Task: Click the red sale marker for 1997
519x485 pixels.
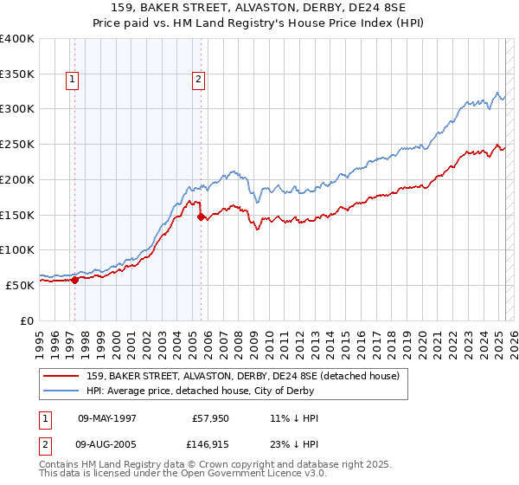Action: pyautogui.click(x=74, y=280)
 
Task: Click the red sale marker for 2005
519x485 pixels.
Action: pyautogui.click(x=201, y=217)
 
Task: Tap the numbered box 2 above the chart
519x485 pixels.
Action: pyautogui.click(x=198, y=81)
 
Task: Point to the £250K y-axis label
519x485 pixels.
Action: pyautogui.click(x=17, y=144)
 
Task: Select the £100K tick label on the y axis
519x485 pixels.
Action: pyautogui.click(x=17, y=249)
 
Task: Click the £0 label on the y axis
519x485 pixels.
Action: pyautogui.click(x=26, y=320)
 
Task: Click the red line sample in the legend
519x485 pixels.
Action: pyautogui.click(x=61, y=376)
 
